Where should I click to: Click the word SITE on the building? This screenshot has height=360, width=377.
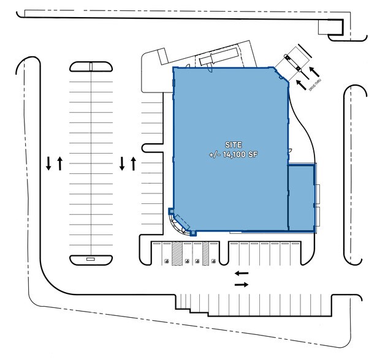click(234, 145)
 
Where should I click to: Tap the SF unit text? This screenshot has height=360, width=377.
click(253, 154)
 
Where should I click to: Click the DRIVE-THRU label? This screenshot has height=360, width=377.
click(315, 84)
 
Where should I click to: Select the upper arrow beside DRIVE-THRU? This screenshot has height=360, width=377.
click(314, 72)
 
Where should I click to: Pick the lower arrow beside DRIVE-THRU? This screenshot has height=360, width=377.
click(301, 84)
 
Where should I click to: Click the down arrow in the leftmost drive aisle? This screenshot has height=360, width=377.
click(48, 163)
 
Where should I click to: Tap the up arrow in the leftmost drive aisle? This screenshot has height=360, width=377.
click(60, 163)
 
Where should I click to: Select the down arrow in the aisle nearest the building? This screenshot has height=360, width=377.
click(122, 163)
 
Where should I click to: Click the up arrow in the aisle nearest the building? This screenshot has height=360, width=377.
click(134, 163)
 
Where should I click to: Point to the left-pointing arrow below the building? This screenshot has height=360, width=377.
click(242, 273)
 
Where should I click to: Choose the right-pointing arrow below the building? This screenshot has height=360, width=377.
click(242, 285)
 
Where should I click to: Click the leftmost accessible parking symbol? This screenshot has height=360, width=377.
click(166, 261)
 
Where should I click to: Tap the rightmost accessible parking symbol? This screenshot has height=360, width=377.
click(213, 261)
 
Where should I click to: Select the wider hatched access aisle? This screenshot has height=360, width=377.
click(177, 253)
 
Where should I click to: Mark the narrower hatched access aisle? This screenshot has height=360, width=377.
click(205, 253)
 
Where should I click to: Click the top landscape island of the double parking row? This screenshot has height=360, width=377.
click(91, 67)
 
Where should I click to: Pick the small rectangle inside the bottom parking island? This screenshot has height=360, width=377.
click(90, 259)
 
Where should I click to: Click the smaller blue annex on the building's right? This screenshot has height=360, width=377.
click(301, 198)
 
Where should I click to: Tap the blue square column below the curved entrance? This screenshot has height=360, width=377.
click(193, 233)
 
